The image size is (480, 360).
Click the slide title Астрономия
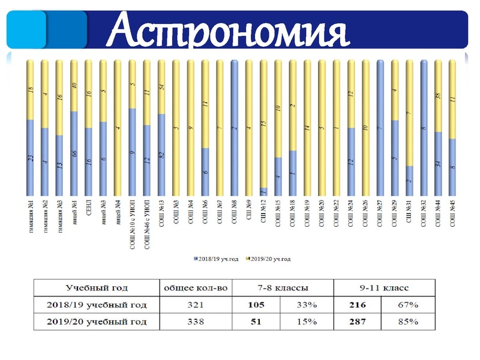point(231,30)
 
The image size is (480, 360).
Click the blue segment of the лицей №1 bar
point(74,153)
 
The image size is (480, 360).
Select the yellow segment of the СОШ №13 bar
point(162,87)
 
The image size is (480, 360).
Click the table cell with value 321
point(196,305)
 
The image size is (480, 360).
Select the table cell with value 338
point(196,322)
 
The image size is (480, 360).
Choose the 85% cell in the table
point(408,322)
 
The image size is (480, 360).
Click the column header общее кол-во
point(196,287)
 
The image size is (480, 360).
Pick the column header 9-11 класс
point(385,287)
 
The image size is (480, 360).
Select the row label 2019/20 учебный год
point(97,322)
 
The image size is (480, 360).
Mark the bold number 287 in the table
point(357,322)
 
